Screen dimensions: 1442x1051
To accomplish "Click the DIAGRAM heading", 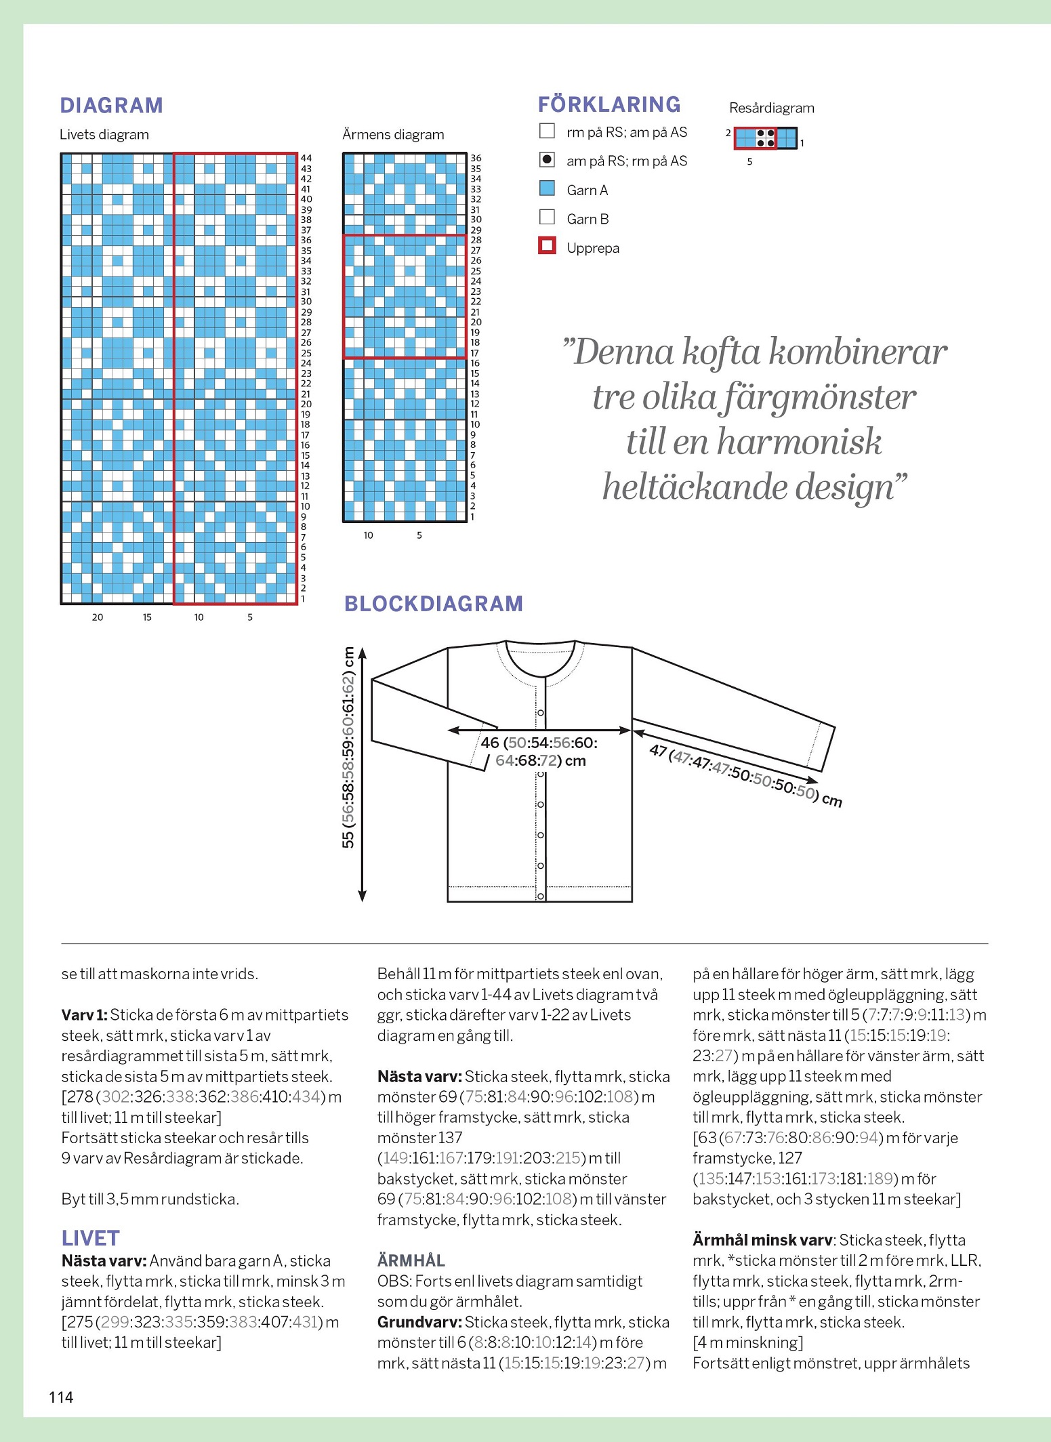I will click(x=111, y=106).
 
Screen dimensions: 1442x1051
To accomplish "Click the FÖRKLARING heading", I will click(x=609, y=104).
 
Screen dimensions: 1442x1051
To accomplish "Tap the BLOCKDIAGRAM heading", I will click(x=433, y=604).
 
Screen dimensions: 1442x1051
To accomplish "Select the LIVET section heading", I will click(x=90, y=1238).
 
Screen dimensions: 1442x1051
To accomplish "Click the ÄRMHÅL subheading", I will click(x=411, y=1260).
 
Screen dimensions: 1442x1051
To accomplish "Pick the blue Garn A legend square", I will click(x=547, y=188).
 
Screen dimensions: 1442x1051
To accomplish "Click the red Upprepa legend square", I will click(x=547, y=245).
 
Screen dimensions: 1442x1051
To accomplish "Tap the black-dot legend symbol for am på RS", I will click(x=547, y=159).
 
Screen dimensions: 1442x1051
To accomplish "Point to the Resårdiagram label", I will click(x=771, y=108).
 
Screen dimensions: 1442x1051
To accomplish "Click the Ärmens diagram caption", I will click(x=393, y=135).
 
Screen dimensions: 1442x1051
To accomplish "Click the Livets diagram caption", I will click(x=104, y=135).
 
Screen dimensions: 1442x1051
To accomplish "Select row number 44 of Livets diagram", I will click(x=306, y=158).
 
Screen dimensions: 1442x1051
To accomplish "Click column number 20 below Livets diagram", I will click(x=98, y=617).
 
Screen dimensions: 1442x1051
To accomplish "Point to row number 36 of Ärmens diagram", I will click(x=476, y=158).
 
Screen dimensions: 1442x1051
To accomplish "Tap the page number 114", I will click(x=61, y=1397).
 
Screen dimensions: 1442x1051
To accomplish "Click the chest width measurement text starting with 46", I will click(x=539, y=751).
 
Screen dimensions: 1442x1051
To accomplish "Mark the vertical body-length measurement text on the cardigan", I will click(x=348, y=748).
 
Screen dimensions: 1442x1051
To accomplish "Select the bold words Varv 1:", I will click(x=84, y=1014).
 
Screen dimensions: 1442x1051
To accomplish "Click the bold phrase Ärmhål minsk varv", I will click(x=762, y=1240).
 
